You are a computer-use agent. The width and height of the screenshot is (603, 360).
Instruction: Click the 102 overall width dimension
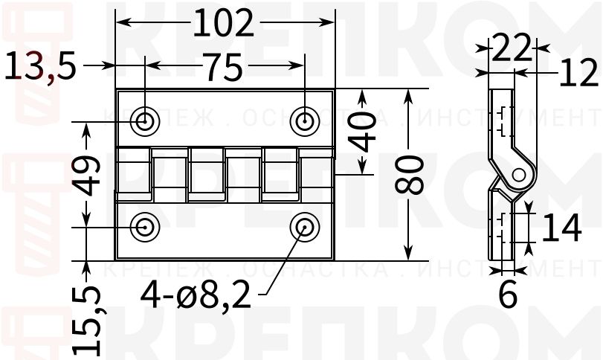point(224,24)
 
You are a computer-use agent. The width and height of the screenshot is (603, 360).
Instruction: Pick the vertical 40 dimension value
point(363,132)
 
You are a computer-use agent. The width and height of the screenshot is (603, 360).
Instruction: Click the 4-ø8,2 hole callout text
point(196,298)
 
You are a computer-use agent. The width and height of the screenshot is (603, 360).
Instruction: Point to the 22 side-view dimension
point(512,49)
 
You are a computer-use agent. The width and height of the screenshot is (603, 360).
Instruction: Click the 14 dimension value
point(561,228)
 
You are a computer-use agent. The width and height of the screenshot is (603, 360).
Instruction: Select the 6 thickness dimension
point(507,295)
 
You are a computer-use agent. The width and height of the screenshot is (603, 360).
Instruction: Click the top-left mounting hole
point(144,120)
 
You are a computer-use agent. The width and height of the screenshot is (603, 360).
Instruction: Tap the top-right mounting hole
point(304,120)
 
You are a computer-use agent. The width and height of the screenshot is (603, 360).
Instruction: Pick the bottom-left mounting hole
point(144,226)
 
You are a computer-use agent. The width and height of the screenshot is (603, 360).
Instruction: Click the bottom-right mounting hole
point(304,226)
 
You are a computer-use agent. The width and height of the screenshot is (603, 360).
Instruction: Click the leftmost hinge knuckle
point(135,174)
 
